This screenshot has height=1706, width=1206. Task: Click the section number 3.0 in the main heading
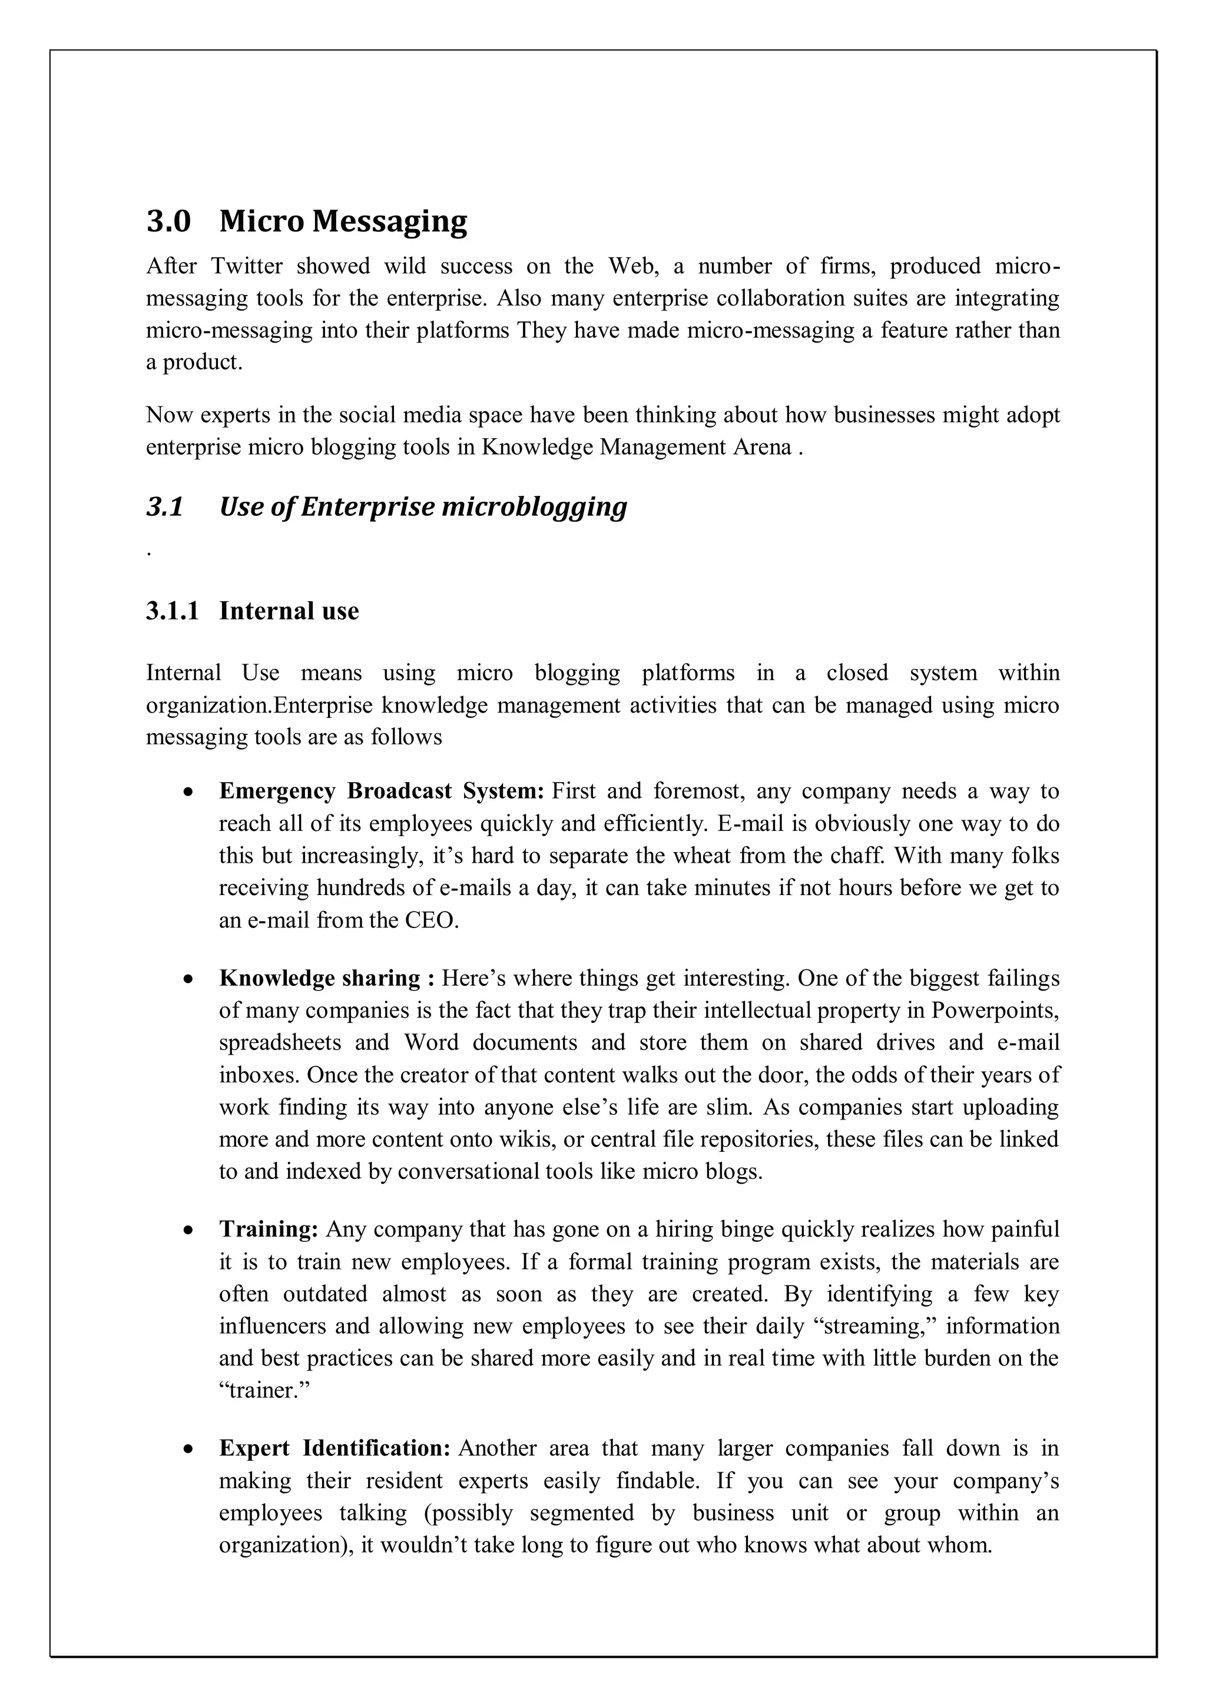click(x=168, y=221)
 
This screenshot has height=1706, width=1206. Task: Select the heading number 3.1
click(x=165, y=507)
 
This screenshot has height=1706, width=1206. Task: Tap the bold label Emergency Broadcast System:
click(x=382, y=791)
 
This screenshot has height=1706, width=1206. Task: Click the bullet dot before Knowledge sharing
click(x=190, y=980)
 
